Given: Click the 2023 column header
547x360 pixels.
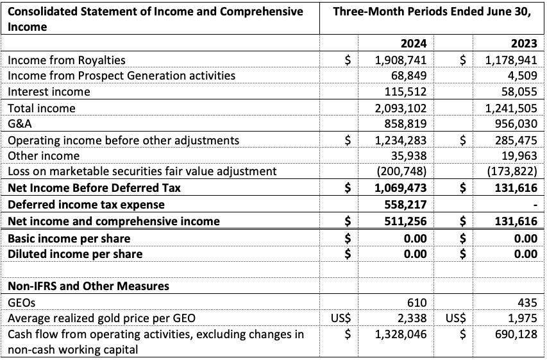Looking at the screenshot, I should coord(523,44).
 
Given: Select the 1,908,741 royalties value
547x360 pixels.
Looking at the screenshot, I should coord(401,60).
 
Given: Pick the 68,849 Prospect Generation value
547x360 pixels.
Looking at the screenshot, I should coord(410,76).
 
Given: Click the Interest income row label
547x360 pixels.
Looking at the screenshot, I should coord(49,92).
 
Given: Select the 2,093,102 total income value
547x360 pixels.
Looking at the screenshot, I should coord(401,108).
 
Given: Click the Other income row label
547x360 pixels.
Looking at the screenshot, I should coord(44,156).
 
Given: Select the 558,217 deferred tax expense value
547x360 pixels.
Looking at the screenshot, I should coord(407,205).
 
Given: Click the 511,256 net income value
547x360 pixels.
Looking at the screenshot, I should coord(407,221).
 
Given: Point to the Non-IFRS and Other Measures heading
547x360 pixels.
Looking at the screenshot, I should coord(88,286).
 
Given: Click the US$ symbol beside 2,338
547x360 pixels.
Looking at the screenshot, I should coord(343,318).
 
